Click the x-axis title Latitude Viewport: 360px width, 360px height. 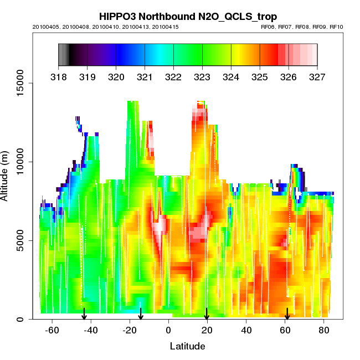point(187,346)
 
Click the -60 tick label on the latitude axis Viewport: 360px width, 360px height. point(52,331)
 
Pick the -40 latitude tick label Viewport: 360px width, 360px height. point(91,331)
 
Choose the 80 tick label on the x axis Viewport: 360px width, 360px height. point(324,331)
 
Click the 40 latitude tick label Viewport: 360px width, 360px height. point(246,331)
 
